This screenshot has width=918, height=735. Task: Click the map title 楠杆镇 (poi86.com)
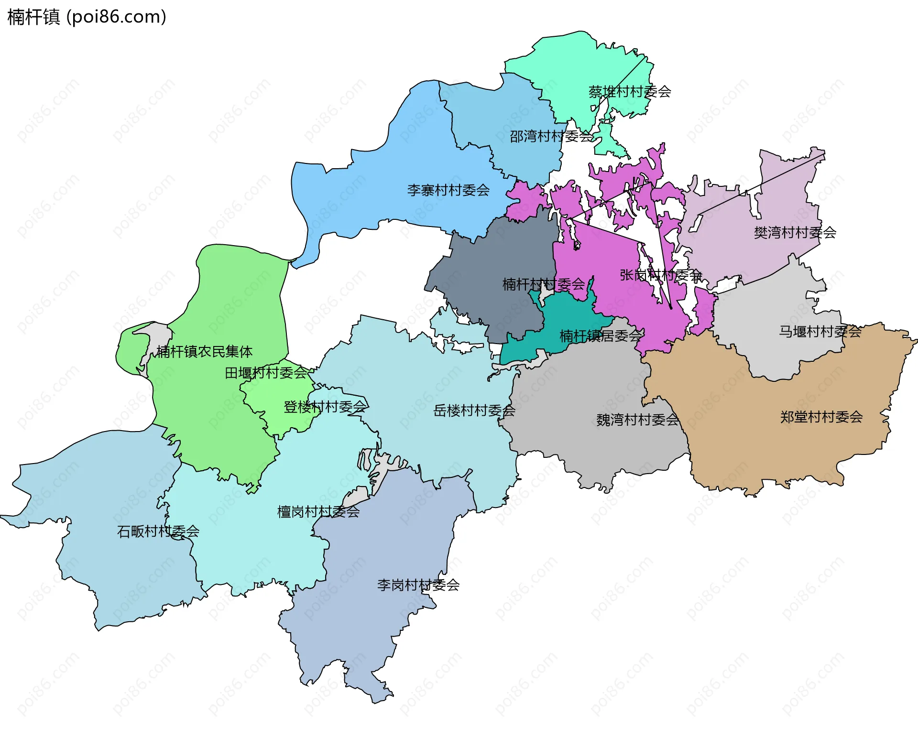point(87,17)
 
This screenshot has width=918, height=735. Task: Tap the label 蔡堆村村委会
point(629,92)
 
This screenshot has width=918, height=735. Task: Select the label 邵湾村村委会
point(551,137)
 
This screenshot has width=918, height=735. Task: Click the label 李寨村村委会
point(448,191)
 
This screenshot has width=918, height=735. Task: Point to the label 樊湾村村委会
point(795,233)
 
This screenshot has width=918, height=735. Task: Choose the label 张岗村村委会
point(660,275)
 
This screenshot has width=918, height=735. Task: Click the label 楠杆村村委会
point(543,284)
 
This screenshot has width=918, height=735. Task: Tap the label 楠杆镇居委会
point(601,336)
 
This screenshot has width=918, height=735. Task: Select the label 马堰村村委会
point(820,332)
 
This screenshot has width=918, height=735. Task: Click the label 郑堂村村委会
point(821,417)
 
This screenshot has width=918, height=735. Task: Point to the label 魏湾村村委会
point(637,420)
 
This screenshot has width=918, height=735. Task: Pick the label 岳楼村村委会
point(474,411)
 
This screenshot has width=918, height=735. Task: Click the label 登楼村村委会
point(325,407)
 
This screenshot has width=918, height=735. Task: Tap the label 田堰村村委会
point(266,373)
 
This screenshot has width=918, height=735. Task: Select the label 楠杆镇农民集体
point(204,352)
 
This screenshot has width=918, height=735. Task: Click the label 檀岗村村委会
point(318,512)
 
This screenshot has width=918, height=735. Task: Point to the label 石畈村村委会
point(158,531)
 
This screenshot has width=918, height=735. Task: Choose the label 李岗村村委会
point(418,585)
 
